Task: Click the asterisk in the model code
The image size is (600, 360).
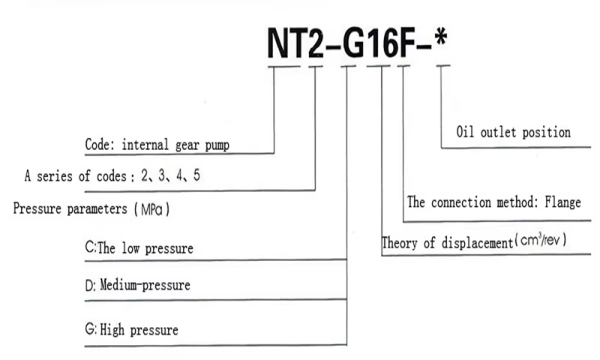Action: pos(441,38)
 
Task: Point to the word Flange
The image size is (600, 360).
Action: pos(562,202)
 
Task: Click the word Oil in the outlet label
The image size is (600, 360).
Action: pos(465,132)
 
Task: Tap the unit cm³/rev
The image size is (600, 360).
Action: pos(540,240)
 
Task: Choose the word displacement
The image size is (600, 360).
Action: pos(477,243)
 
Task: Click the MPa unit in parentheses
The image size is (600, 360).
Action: pos(151,209)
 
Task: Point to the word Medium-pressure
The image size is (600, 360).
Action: pos(145,285)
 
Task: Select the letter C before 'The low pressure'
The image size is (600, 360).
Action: pos(89,247)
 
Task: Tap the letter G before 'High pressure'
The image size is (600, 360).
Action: pos(90,328)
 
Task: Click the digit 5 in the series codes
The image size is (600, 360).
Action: pos(196,175)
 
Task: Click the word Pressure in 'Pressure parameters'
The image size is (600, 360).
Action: pos(37,208)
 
